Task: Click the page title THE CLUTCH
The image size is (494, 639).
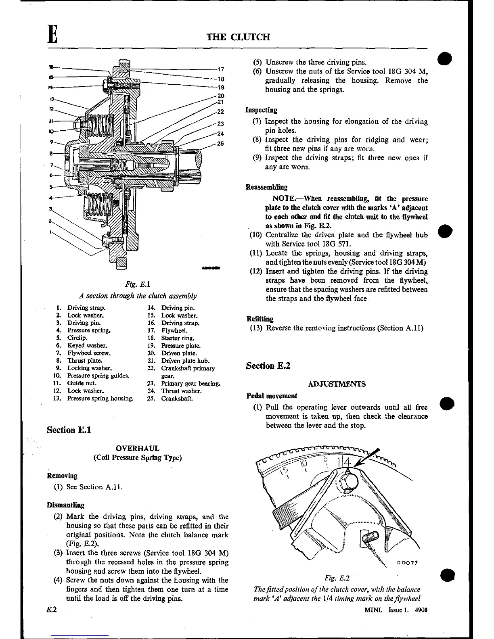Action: click(238, 37)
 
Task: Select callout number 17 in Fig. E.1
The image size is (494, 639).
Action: click(221, 69)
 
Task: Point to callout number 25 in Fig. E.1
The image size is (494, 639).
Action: click(220, 143)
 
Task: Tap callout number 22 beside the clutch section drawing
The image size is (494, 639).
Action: click(220, 112)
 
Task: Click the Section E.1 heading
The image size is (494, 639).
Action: click(69, 430)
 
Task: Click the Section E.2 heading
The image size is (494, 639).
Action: click(268, 366)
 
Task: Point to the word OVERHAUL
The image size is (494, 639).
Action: click(137, 448)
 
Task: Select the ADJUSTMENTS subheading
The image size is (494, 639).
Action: click(337, 384)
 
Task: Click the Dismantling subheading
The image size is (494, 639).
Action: click(66, 505)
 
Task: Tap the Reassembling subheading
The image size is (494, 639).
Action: click(267, 187)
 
